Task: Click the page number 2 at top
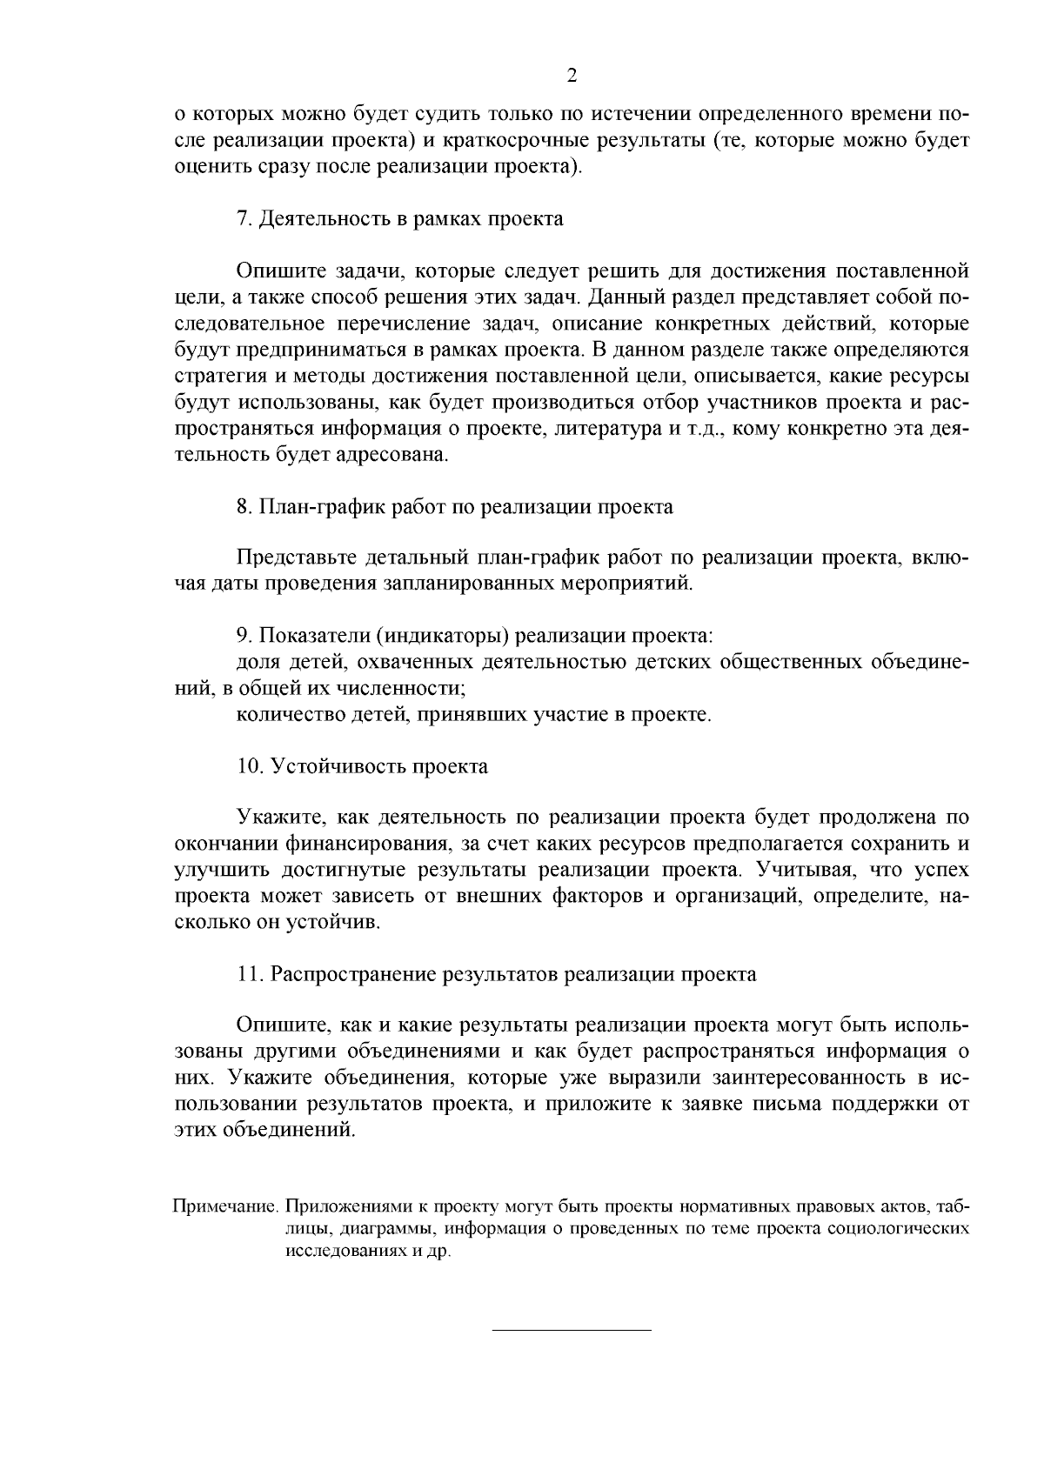(572, 76)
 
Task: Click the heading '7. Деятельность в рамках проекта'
(400, 218)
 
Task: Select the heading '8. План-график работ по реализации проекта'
(454, 506)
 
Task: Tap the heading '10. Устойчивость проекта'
(362, 766)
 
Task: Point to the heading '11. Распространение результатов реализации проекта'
(496, 974)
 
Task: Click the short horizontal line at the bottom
(572, 1330)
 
